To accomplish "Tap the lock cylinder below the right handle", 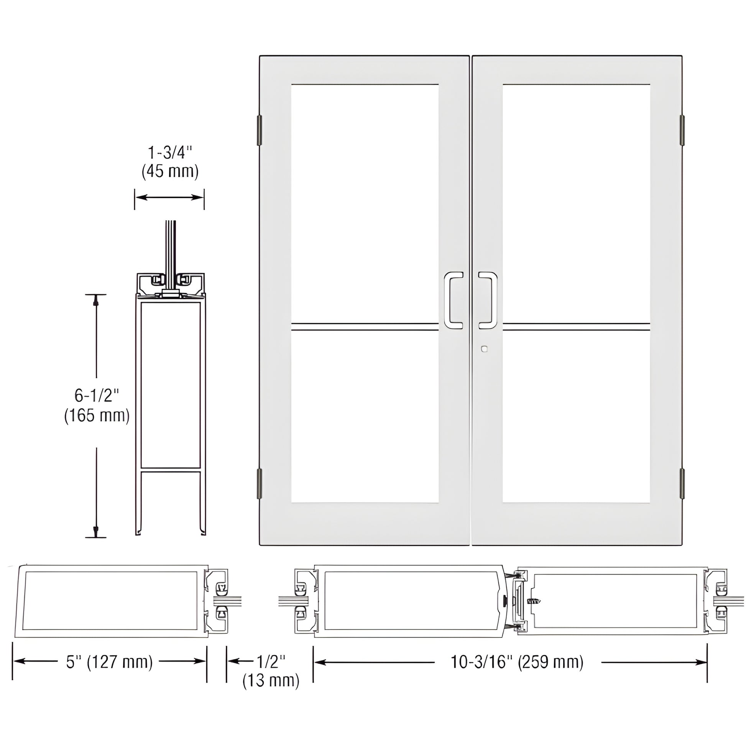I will (485, 349).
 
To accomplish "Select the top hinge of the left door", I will (260, 130).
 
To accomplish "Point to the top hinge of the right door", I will (682, 130).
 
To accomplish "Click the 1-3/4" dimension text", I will (170, 153).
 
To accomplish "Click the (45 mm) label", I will (170, 171).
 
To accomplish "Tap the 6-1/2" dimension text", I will (97, 396).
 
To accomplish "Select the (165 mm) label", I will (97, 416).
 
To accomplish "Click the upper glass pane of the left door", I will (365, 203).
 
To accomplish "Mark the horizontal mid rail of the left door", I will (365, 327).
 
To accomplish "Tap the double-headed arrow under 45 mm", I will (169, 197).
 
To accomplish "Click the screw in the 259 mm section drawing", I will (534, 601).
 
